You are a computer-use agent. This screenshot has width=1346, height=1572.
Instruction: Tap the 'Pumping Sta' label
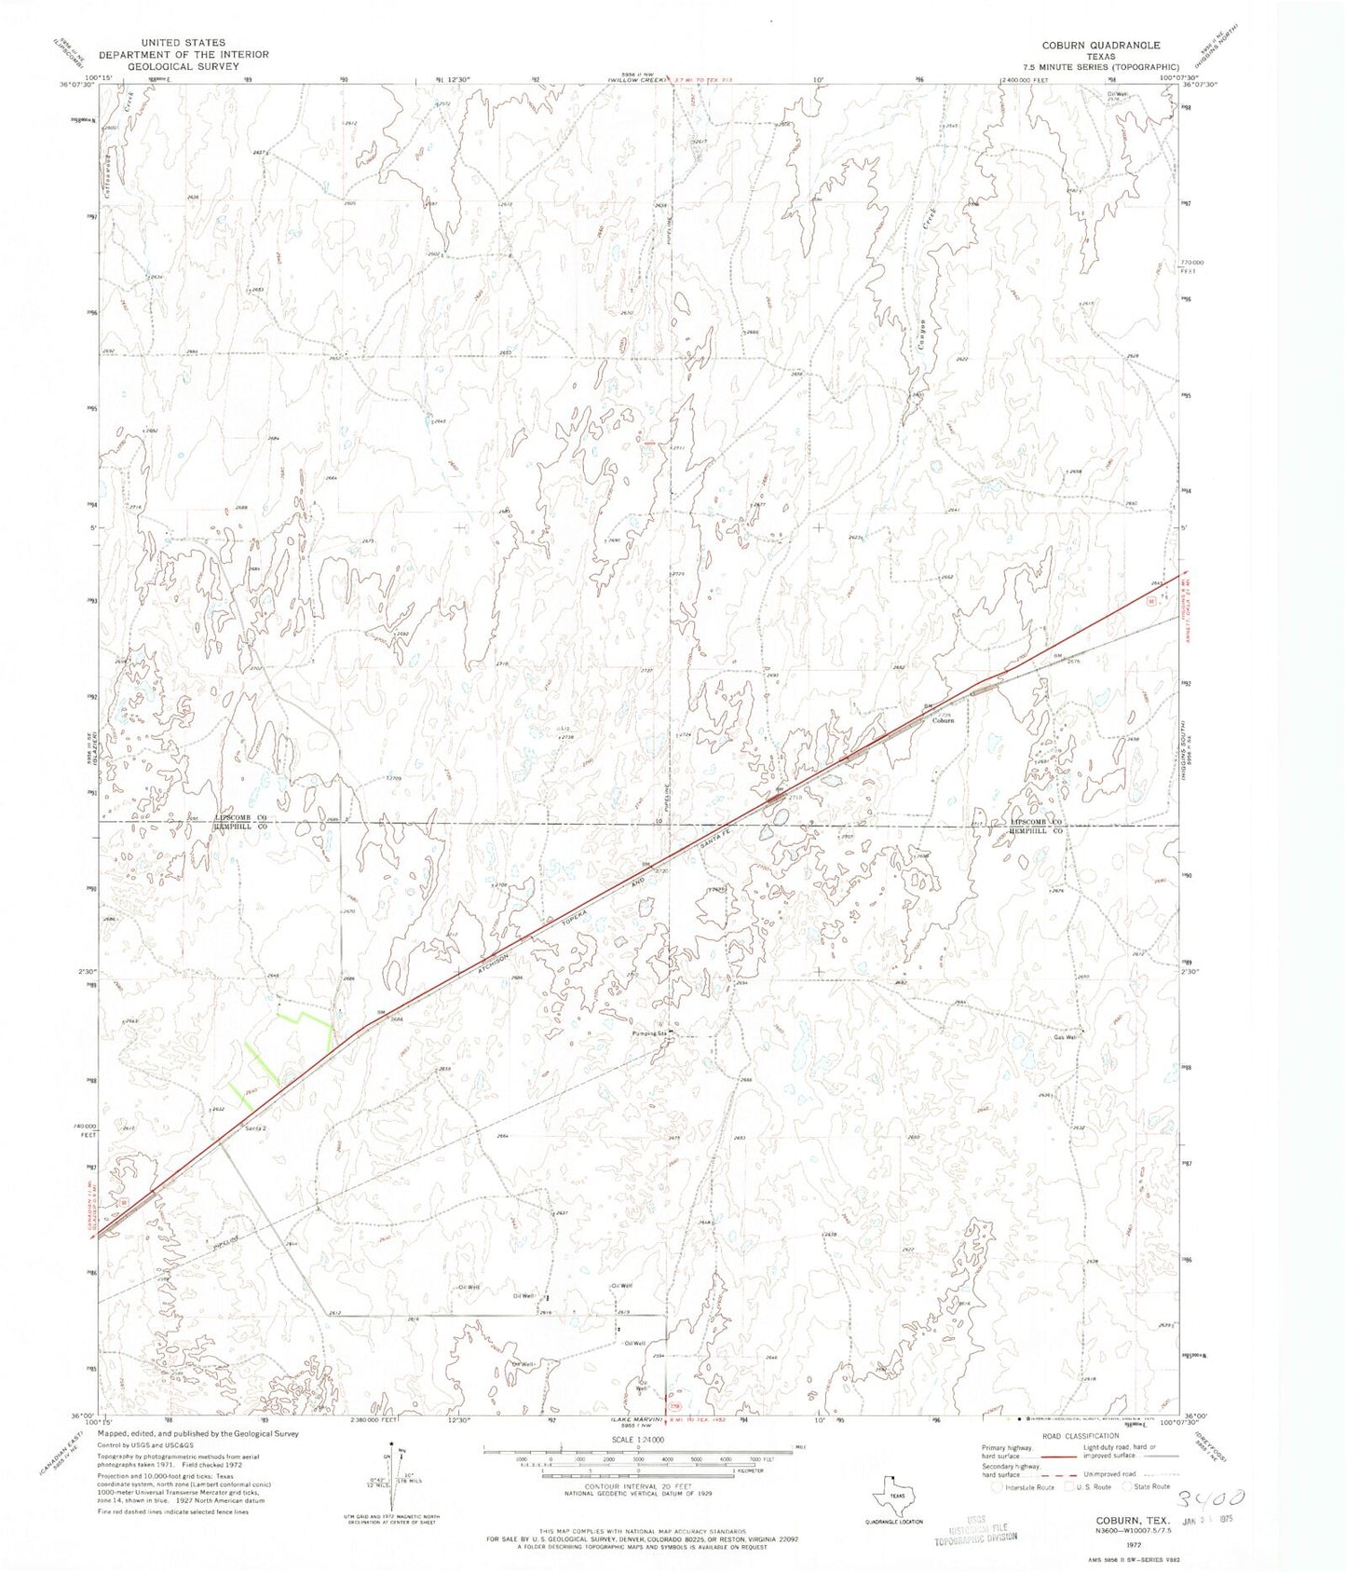click(650, 1033)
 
